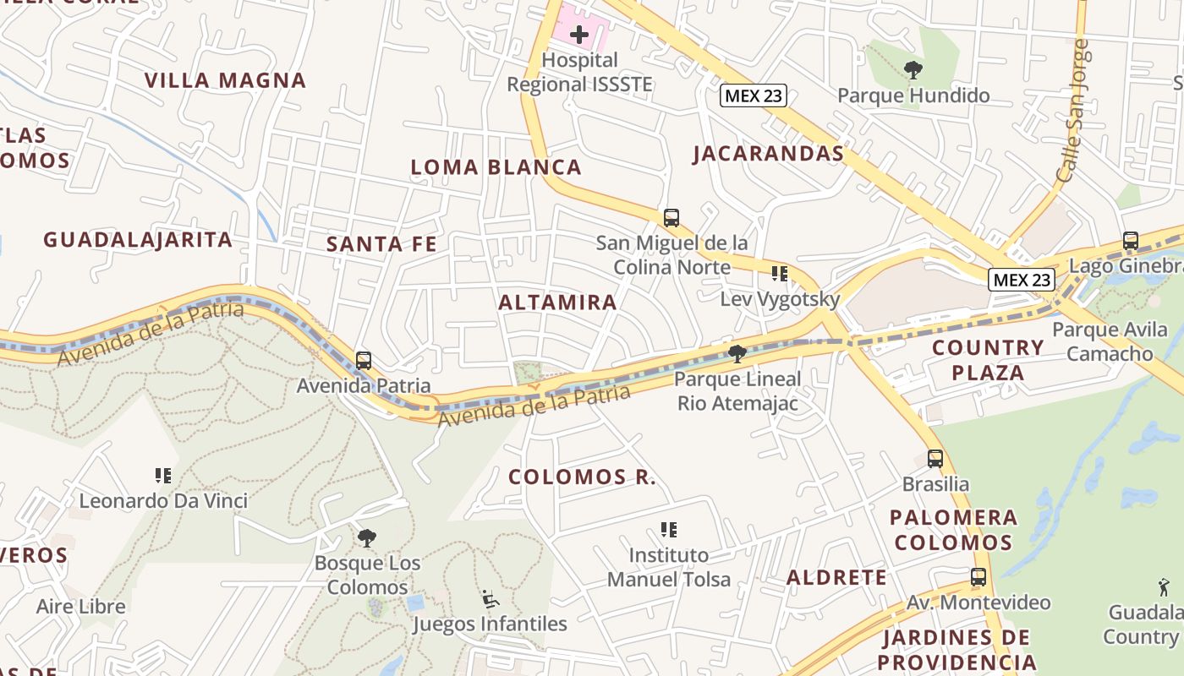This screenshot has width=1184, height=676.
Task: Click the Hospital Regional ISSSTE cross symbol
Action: [579, 35]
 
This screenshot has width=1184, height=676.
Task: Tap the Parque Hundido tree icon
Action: [913, 70]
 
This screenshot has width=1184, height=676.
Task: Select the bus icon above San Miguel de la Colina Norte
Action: [671, 218]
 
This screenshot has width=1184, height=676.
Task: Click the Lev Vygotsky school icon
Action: [779, 274]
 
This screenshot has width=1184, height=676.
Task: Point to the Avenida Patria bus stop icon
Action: [364, 361]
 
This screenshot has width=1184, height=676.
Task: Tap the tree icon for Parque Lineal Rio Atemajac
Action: [737, 353]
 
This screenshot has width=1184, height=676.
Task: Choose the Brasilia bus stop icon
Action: [935, 459]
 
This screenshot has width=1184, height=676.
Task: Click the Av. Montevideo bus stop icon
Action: [978, 577]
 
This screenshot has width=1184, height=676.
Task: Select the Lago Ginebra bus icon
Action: [1131, 241]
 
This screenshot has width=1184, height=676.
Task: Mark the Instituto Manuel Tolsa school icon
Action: [669, 530]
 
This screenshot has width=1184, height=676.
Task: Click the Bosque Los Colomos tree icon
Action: [367, 537]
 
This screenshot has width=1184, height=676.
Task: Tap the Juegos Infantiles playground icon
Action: [490, 599]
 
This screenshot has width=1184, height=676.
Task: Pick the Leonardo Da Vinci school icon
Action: [163, 476]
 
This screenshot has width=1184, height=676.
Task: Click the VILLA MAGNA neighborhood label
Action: [225, 81]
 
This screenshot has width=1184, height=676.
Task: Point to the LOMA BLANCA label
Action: [496, 167]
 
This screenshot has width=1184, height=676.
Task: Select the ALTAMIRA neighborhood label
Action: [558, 303]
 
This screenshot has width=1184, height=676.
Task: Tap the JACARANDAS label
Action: [769, 154]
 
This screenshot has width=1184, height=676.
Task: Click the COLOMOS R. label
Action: [582, 477]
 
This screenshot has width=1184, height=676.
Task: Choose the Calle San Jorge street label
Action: [1071, 110]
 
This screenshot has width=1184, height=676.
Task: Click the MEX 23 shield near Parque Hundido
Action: [754, 95]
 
